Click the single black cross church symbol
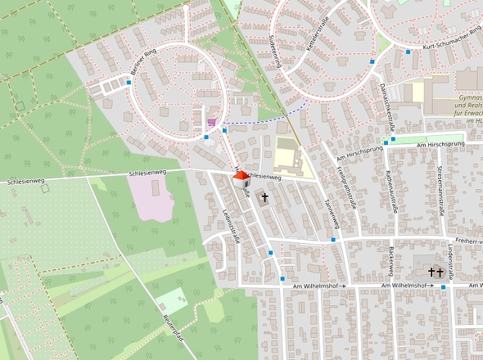tap(264, 198)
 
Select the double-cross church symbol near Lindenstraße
tap(435, 272)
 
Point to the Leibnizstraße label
tap(230, 223)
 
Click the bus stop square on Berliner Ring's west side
tap(129, 82)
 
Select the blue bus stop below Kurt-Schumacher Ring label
tap(408, 52)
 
